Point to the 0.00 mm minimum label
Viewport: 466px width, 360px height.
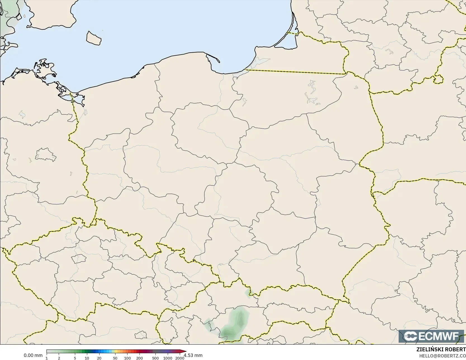click(33, 356)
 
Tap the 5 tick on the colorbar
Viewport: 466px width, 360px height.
click(75, 358)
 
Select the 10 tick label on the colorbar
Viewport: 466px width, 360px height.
click(87, 358)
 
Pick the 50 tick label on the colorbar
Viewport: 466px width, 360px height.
click(115, 358)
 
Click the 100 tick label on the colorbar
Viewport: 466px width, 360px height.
click(127, 358)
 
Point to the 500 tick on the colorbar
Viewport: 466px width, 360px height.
click(155, 358)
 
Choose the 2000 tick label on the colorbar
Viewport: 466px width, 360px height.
click(180, 358)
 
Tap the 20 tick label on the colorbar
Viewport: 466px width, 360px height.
click(99, 358)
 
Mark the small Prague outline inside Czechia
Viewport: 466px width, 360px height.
click(78, 258)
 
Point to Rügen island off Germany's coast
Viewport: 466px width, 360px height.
click(45, 70)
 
